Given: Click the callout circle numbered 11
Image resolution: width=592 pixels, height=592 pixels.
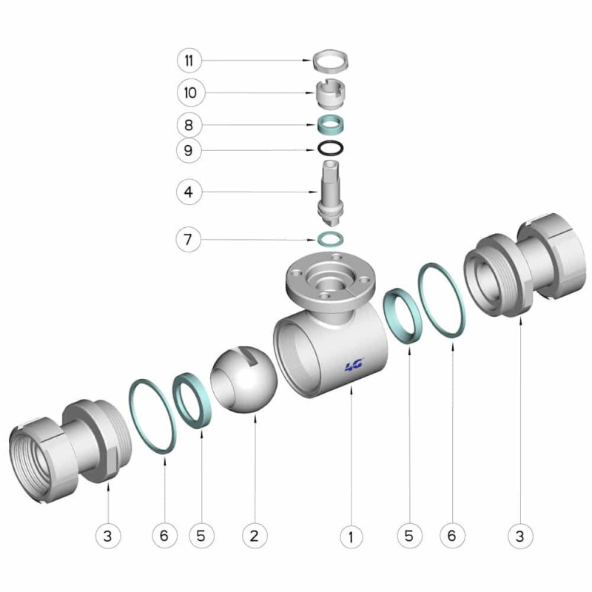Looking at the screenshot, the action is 189,61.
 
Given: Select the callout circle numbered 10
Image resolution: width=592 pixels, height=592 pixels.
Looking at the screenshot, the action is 191,92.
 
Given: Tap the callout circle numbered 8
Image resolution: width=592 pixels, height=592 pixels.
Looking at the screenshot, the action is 189,125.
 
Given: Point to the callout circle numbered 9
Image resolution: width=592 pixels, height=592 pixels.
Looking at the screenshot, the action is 189,151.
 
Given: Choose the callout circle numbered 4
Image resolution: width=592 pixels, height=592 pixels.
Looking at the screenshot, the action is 189,192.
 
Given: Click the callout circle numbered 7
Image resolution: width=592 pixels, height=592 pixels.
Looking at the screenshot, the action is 188,239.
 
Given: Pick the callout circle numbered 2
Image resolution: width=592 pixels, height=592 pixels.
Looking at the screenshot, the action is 255,535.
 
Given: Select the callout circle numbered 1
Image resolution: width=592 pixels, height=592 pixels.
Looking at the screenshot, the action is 351,536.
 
